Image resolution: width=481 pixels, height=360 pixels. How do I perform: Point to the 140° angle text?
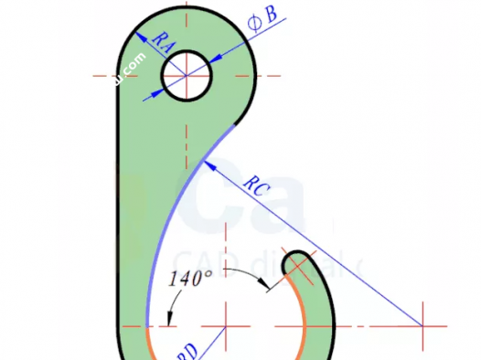(190, 280)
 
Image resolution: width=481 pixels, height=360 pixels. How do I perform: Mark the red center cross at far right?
(422, 326)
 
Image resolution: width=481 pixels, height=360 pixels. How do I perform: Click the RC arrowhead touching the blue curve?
(209, 164)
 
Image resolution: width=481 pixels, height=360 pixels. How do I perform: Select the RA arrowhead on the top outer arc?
(139, 33)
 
